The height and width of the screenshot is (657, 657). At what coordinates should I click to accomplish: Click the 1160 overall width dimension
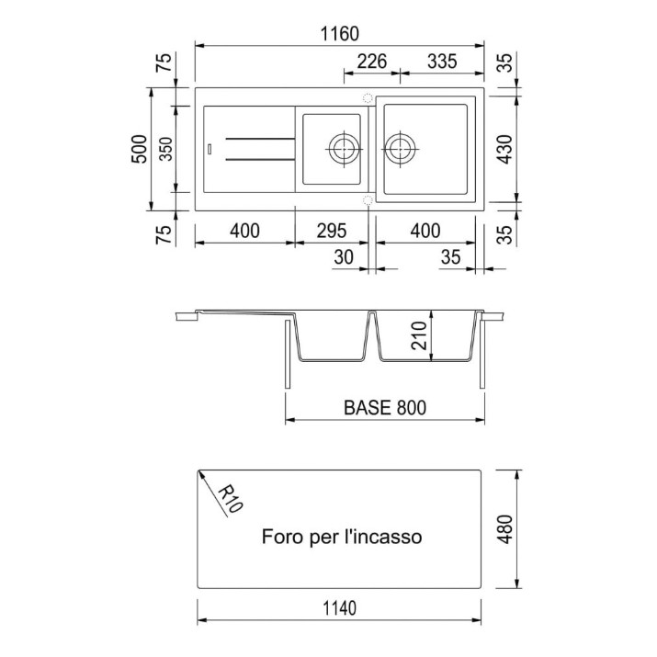(339, 34)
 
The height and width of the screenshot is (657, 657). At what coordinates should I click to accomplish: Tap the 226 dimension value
(371, 62)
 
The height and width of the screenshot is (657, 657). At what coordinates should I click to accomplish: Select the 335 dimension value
(442, 62)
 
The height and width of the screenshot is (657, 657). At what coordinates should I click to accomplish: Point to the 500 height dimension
(140, 149)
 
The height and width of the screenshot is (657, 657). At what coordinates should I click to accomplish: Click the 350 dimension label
(166, 149)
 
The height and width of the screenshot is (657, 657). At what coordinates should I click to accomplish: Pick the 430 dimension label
(505, 149)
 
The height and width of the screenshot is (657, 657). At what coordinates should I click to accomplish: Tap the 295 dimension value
(332, 231)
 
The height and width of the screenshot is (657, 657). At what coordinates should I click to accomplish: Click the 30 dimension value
(344, 257)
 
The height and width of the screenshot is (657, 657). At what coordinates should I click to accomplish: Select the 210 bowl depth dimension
(419, 335)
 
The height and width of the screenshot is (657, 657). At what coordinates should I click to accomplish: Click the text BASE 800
(385, 407)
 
